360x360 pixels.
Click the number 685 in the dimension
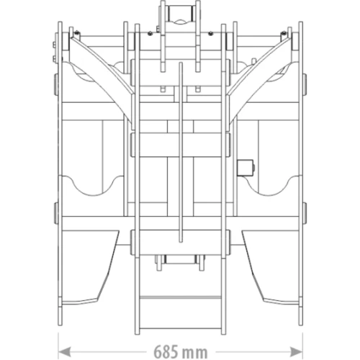[166, 352]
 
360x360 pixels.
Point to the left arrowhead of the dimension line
[64, 352]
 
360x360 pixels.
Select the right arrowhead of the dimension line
[296, 352]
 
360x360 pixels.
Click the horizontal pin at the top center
[180, 14]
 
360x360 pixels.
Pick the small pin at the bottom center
[180, 259]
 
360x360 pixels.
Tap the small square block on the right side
[245, 168]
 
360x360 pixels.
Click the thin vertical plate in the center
[181, 152]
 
